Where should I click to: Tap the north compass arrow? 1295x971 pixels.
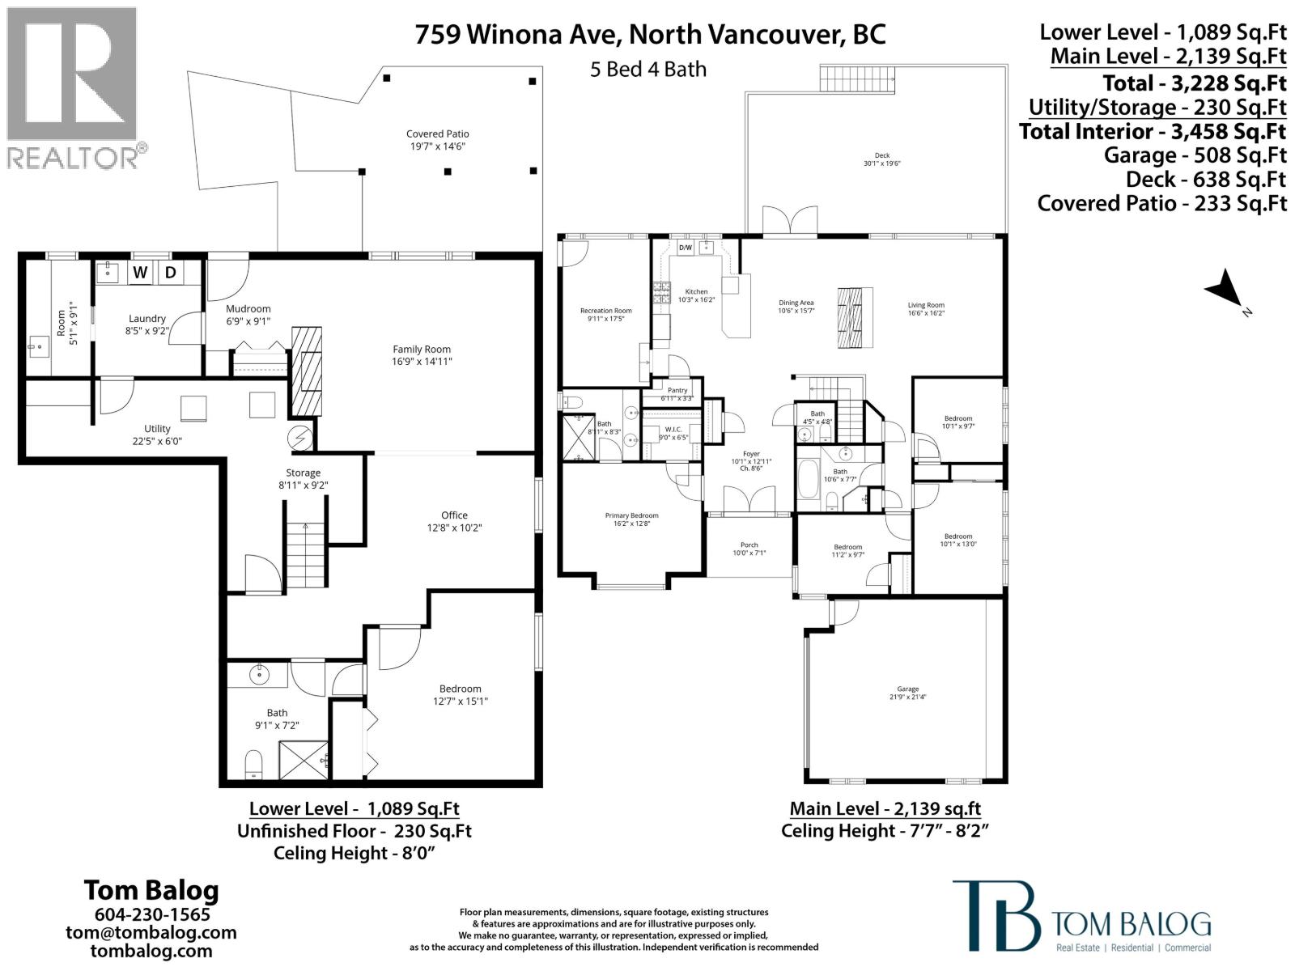click(x=1225, y=290)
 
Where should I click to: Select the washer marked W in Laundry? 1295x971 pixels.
click(x=140, y=272)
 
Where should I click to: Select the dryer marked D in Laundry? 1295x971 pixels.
click(x=171, y=272)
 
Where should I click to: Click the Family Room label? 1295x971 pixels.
click(x=421, y=350)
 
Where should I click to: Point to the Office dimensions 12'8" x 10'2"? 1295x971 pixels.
click(x=454, y=528)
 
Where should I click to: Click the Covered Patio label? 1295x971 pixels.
click(x=437, y=134)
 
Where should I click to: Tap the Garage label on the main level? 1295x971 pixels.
click(x=907, y=689)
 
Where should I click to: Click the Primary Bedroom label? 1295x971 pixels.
click(x=631, y=515)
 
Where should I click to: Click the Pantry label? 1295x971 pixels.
click(x=677, y=391)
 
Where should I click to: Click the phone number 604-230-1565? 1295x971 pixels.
click(x=152, y=914)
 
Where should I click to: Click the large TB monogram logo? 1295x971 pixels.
click(x=996, y=918)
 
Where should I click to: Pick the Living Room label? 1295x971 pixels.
click(x=925, y=306)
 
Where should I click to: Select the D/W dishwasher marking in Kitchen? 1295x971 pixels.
click(x=685, y=248)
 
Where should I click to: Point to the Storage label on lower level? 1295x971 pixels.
click(x=303, y=473)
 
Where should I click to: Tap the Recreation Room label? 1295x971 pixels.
click(x=605, y=311)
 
